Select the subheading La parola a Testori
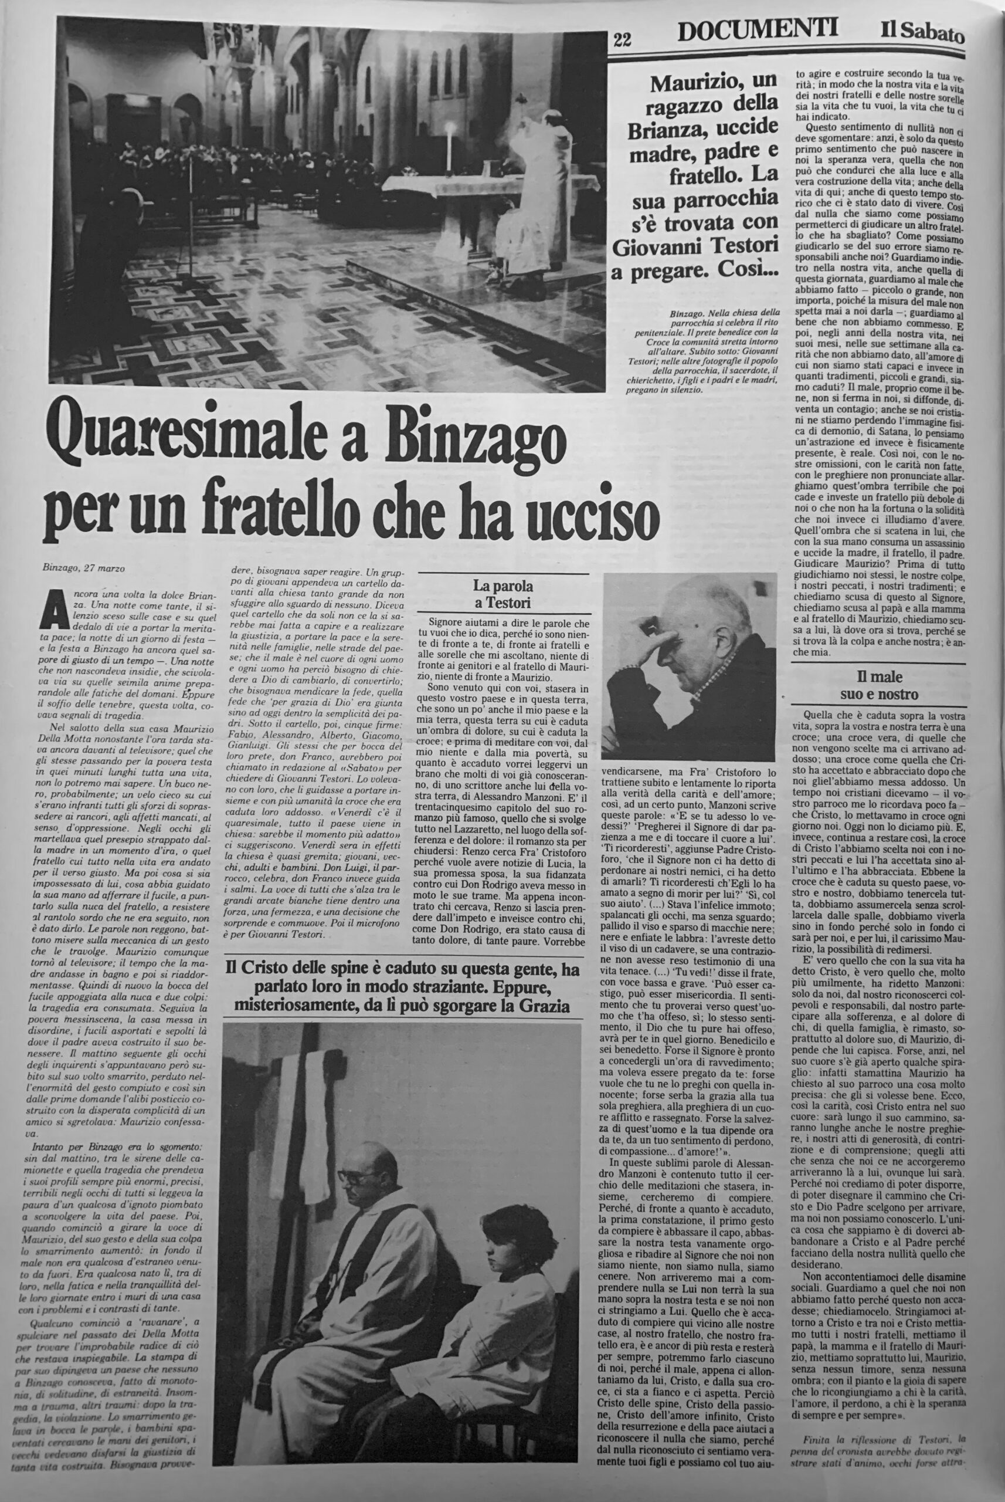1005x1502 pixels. (502, 593)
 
